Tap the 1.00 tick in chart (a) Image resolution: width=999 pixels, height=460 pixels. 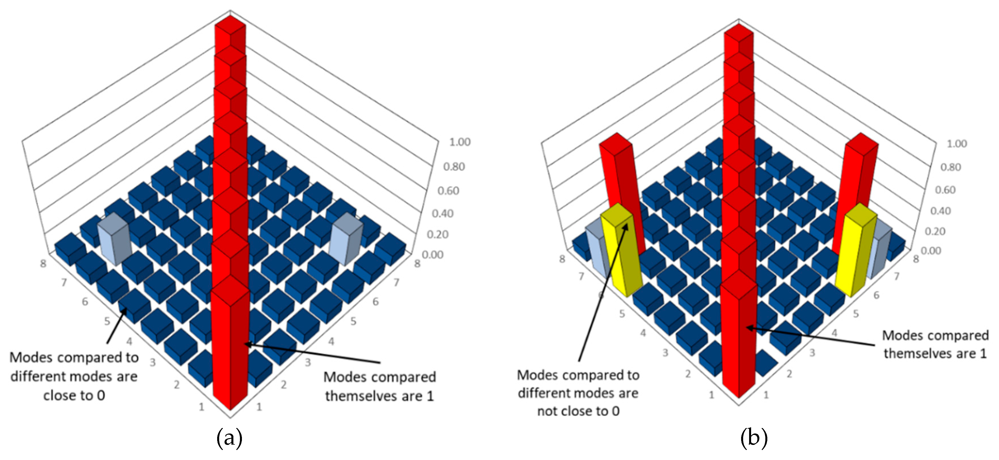[460, 142]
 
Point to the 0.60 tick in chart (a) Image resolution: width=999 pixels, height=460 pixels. [448, 191]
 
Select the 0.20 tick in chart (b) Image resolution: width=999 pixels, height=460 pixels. [935, 231]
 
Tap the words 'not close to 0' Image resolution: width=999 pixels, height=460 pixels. [578, 411]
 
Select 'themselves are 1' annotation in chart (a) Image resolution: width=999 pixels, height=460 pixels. [379, 396]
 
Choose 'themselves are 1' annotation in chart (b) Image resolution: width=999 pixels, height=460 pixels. [935, 353]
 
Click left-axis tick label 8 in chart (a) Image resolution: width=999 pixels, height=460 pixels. [43, 263]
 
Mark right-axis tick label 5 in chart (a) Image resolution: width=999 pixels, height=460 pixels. [353, 321]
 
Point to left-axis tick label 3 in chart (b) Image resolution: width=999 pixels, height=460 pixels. [665, 352]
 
